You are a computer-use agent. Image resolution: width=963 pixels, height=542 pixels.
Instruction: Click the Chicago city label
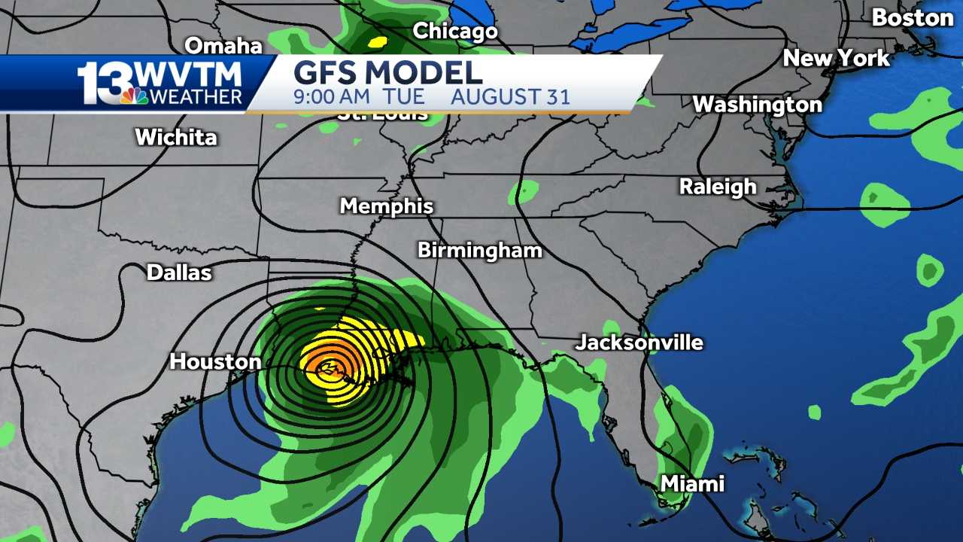(x=455, y=32)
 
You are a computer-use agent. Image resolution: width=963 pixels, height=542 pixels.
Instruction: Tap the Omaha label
(x=223, y=46)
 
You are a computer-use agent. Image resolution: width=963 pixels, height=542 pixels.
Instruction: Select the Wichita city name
(x=176, y=138)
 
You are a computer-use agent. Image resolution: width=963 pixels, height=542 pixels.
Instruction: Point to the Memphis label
(x=387, y=206)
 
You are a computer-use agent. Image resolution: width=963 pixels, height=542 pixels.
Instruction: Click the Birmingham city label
(x=480, y=251)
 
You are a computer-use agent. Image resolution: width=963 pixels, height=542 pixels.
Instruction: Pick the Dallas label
(x=179, y=273)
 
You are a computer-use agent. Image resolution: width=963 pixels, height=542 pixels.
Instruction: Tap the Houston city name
(x=215, y=362)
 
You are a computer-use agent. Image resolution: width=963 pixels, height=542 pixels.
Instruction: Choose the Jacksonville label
(x=639, y=343)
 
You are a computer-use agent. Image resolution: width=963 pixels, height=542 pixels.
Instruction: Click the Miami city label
(x=692, y=484)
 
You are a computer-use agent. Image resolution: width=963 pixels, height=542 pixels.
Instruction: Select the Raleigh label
(x=718, y=187)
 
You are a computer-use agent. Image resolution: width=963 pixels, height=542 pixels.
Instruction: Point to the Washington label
(x=757, y=105)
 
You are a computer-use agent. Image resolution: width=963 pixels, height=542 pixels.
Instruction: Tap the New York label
(x=836, y=59)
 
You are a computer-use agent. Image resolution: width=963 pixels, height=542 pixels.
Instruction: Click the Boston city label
(x=912, y=18)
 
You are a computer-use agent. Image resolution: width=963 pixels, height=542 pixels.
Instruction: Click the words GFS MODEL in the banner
(x=387, y=74)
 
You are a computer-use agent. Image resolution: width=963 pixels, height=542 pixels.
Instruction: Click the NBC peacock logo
(x=135, y=96)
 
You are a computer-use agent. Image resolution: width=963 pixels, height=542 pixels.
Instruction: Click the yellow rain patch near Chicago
(x=377, y=42)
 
